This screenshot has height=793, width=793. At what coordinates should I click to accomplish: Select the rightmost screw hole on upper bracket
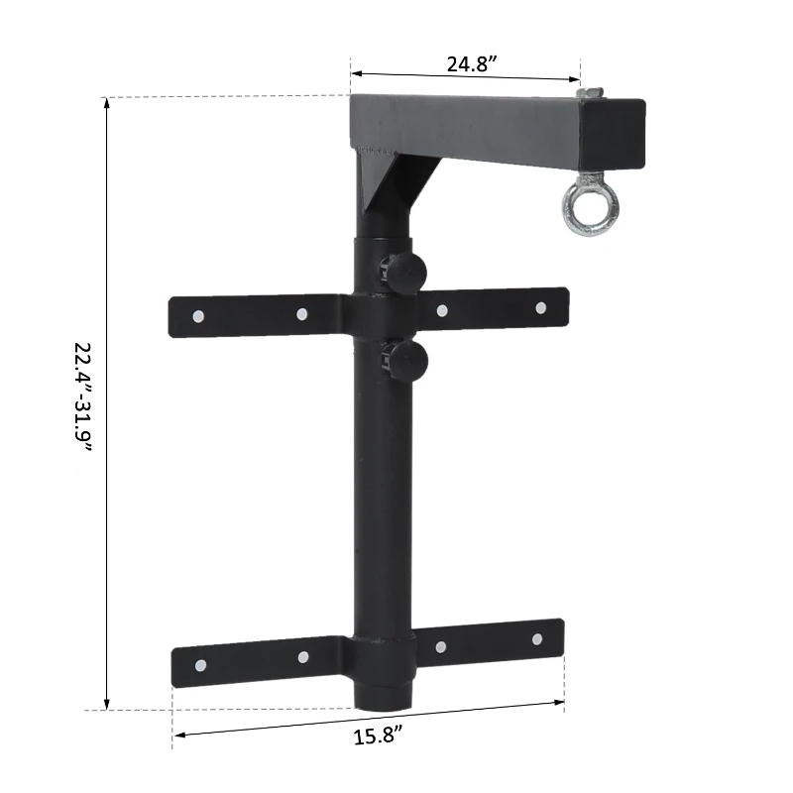click(x=540, y=307)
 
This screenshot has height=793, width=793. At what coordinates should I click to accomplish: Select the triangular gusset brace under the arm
click(x=382, y=188)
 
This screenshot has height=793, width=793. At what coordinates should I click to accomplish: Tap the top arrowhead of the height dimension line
click(x=107, y=103)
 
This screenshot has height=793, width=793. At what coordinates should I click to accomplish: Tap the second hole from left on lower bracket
click(x=303, y=657)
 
